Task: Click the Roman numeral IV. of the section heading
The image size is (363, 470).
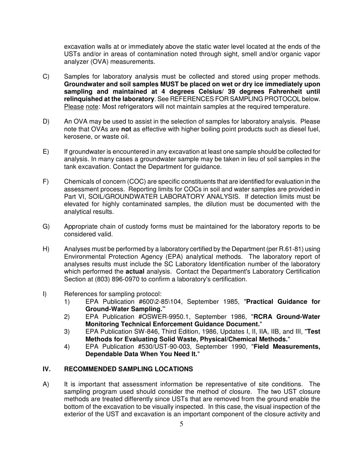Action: (x=46, y=369)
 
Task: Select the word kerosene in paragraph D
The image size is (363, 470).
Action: (x=77, y=137)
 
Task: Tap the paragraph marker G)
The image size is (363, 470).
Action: (x=46, y=227)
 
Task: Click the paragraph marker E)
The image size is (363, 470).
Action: (x=45, y=152)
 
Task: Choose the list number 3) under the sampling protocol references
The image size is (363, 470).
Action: (x=67, y=331)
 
